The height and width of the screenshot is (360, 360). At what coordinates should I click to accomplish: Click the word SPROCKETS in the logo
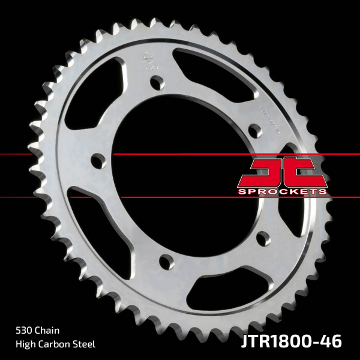(282, 191)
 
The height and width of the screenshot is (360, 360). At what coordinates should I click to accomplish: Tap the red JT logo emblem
(282, 172)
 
